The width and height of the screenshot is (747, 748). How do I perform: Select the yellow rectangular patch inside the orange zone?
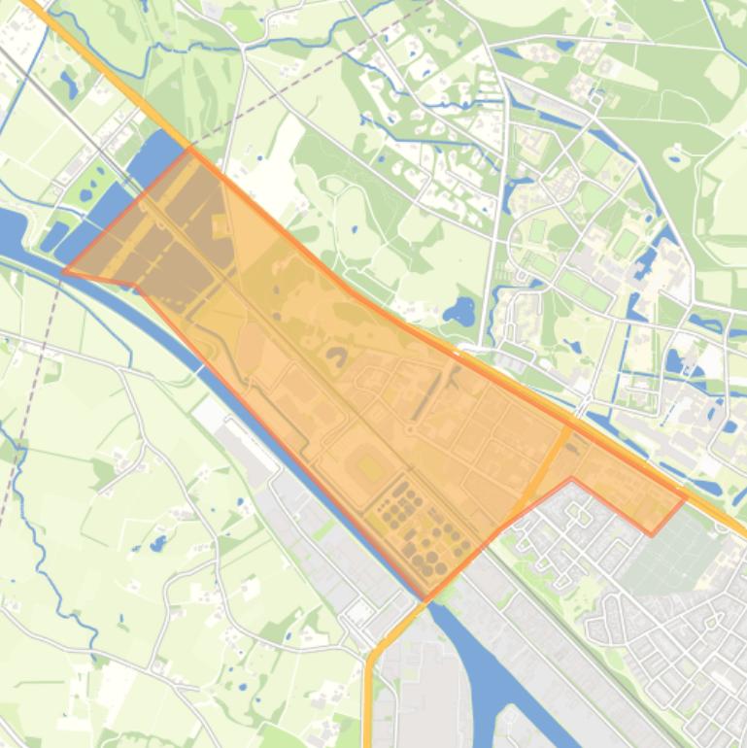(x=370, y=468)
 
